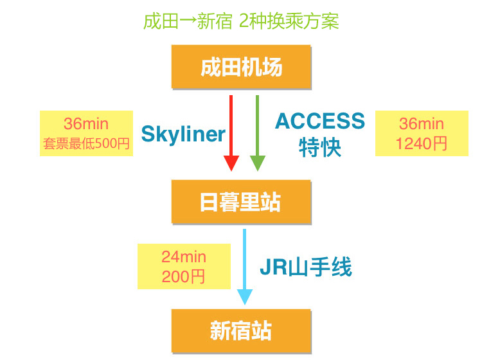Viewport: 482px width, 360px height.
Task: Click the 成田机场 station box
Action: click(x=241, y=67)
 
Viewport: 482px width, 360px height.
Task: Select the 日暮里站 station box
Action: click(x=241, y=202)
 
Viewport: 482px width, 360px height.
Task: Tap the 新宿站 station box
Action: click(x=241, y=330)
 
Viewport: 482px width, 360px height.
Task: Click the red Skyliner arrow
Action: click(x=231, y=129)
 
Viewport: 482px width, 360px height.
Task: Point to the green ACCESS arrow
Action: click(x=257, y=129)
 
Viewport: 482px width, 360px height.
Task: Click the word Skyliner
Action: click(x=183, y=134)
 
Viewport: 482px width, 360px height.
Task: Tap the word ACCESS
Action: click(x=320, y=121)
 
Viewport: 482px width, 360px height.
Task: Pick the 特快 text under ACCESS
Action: click(x=320, y=148)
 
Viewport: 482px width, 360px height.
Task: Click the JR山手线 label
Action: click(x=306, y=266)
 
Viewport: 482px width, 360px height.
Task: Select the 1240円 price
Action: click(x=422, y=143)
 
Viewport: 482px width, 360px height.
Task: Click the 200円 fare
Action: click(x=184, y=276)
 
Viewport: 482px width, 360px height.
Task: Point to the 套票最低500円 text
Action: click(x=86, y=143)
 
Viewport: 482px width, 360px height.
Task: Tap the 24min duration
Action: click(x=184, y=256)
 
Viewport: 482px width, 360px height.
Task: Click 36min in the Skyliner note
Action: click(x=86, y=123)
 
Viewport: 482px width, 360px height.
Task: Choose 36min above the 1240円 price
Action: click(x=422, y=123)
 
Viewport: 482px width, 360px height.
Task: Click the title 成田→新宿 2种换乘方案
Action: click(x=241, y=21)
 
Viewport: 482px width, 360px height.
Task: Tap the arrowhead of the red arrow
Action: click(x=231, y=163)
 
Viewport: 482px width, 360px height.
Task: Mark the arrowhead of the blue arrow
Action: click(x=245, y=296)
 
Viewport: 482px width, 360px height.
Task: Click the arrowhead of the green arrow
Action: click(x=257, y=163)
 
